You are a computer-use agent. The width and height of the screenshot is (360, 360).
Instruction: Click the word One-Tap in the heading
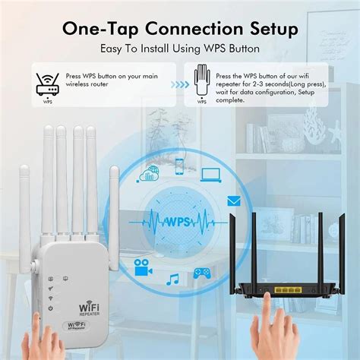(x=97, y=30)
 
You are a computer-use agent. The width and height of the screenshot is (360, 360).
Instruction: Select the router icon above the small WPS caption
(x=47, y=81)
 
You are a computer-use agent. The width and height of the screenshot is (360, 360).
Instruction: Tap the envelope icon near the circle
(x=234, y=201)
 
